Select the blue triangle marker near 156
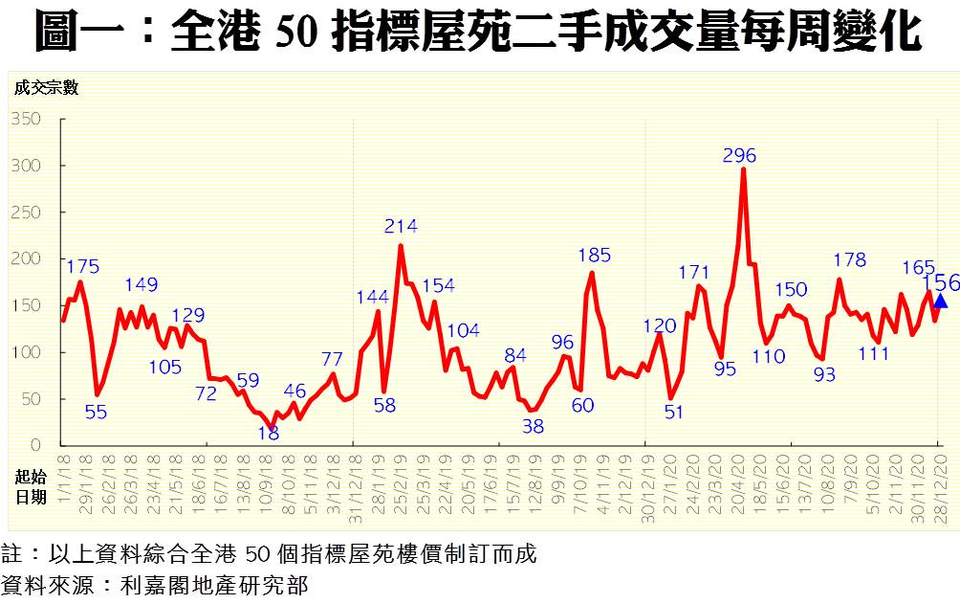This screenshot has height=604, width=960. click(x=941, y=302)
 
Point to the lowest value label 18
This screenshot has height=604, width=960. click(x=269, y=433)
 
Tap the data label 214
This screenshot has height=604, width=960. click(x=401, y=227)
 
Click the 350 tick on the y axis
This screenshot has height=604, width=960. click(x=27, y=119)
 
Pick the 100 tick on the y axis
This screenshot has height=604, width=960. click(x=27, y=352)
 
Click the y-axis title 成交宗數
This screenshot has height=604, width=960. click(x=46, y=88)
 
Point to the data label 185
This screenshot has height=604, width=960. click(x=595, y=256)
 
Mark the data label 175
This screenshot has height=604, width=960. click(x=83, y=266)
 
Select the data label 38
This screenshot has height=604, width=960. click(x=533, y=427)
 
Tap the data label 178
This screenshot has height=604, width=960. click(x=849, y=260)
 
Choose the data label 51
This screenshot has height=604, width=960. click(x=673, y=413)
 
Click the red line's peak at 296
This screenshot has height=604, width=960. click(x=743, y=170)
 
